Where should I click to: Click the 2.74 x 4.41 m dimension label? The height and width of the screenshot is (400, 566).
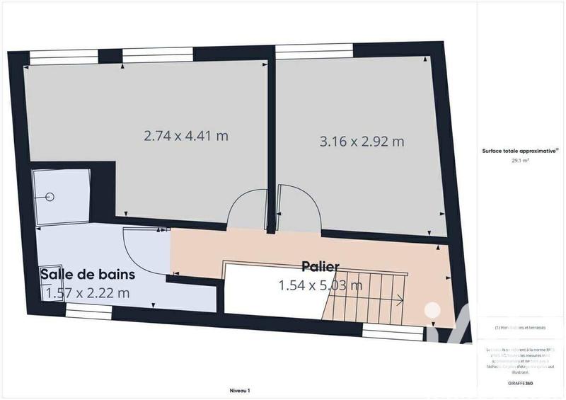[186, 135]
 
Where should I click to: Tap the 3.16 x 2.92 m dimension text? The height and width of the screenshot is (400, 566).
[362, 141]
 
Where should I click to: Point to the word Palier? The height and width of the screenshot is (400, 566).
[320, 266]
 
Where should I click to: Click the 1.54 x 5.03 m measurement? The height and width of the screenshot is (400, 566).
[321, 285]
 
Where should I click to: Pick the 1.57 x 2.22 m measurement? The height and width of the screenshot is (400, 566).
[88, 292]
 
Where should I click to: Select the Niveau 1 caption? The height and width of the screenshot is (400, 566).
[240, 390]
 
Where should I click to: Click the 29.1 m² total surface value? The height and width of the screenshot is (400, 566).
[521, 161]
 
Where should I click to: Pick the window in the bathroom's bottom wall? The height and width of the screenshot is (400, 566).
[85, 312]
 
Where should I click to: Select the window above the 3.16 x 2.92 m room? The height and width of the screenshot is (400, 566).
[313, 50]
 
